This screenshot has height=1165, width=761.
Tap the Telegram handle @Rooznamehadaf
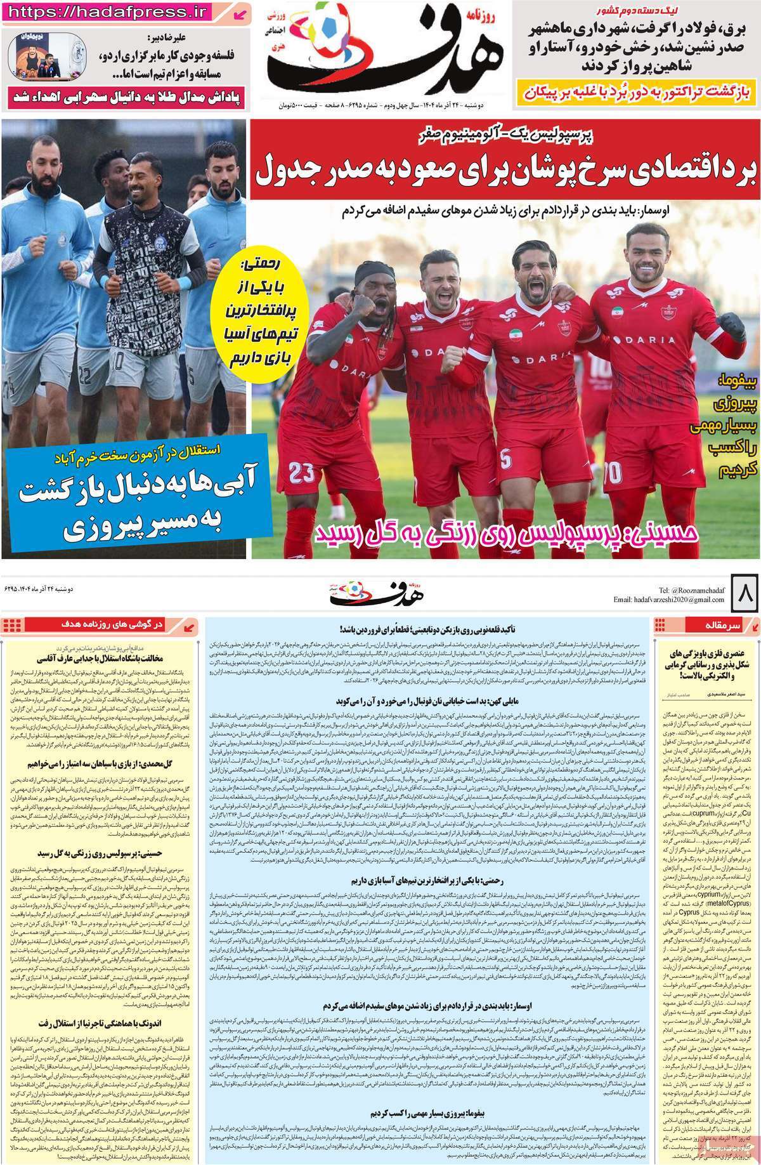pos(691,589)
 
